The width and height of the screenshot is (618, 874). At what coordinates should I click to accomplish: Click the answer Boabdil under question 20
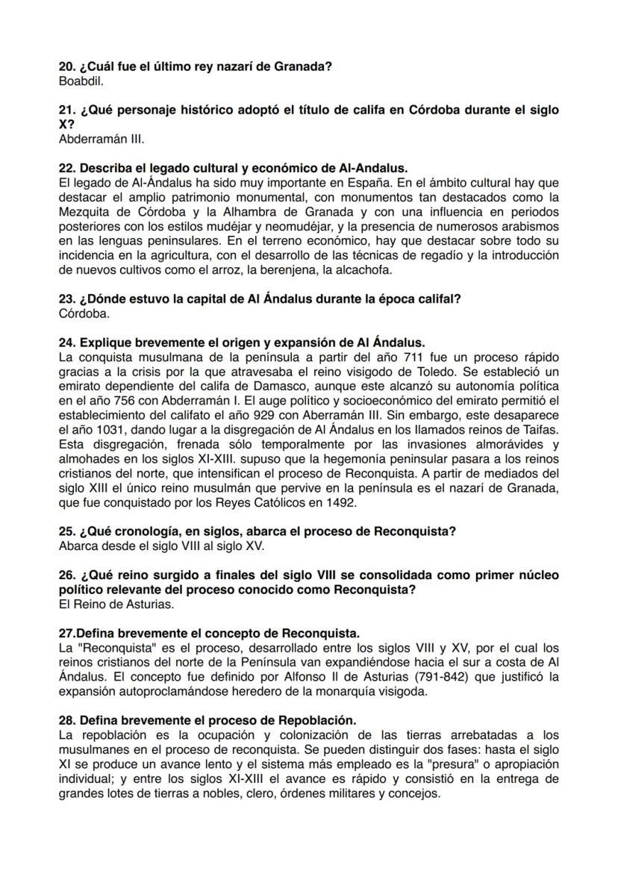click(x=81, y=79)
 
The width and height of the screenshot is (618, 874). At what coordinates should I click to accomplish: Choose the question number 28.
click(x=66, y=720)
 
